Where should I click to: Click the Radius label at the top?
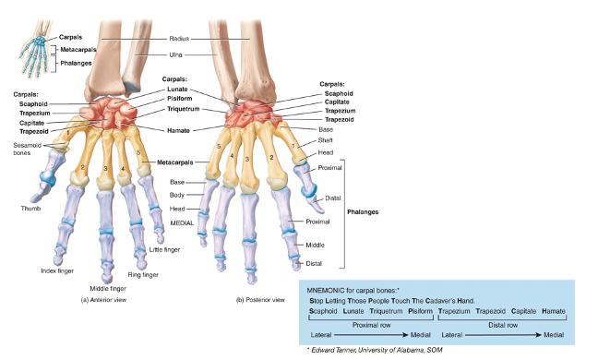tap(179, 39)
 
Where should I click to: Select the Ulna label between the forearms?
tap(175, 55)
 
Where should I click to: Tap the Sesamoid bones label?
tap(25, 149)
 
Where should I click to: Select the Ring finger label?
tap(143, 275)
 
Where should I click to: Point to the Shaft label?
tap(326, 140)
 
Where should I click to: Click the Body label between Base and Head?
tap(178, 196)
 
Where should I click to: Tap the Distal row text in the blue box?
tap(500, 324)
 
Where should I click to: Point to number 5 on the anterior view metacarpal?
tap(138, 151)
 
